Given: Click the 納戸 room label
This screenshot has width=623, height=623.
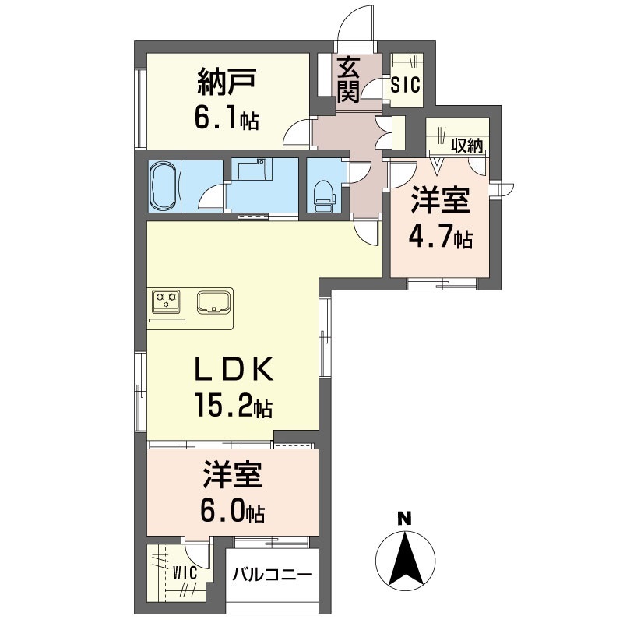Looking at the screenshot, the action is [226, 82].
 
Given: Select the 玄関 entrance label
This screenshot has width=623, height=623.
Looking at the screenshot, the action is [348, 80].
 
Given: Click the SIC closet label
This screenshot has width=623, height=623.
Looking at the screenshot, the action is [405, 85].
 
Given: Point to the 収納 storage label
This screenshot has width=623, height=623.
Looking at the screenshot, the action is [467, 146].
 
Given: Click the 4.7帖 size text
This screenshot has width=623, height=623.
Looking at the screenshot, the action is [441, 238].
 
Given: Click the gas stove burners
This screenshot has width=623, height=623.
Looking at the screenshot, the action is [166, 301].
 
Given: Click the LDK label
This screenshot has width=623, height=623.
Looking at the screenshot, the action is [234, 369].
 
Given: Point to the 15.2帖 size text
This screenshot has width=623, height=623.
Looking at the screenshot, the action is [233, 404].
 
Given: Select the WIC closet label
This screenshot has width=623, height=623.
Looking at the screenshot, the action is [185, 573].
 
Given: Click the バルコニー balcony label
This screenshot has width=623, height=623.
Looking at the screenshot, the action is [273, 575].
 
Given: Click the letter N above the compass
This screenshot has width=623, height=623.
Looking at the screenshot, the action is [405, 519].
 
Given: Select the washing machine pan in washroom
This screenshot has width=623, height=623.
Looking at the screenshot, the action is [251, 170].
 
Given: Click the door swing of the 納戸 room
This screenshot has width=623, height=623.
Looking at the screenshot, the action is [297, 132].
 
